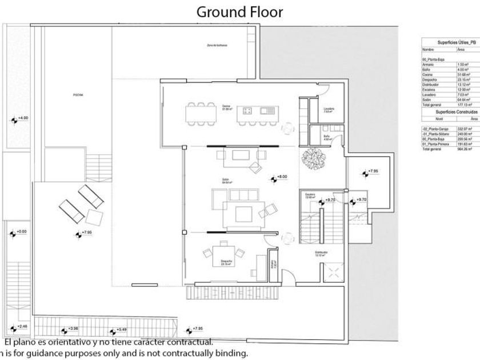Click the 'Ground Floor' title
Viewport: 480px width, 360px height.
(239, 11)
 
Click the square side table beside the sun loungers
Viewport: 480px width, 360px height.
(94, 217)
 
